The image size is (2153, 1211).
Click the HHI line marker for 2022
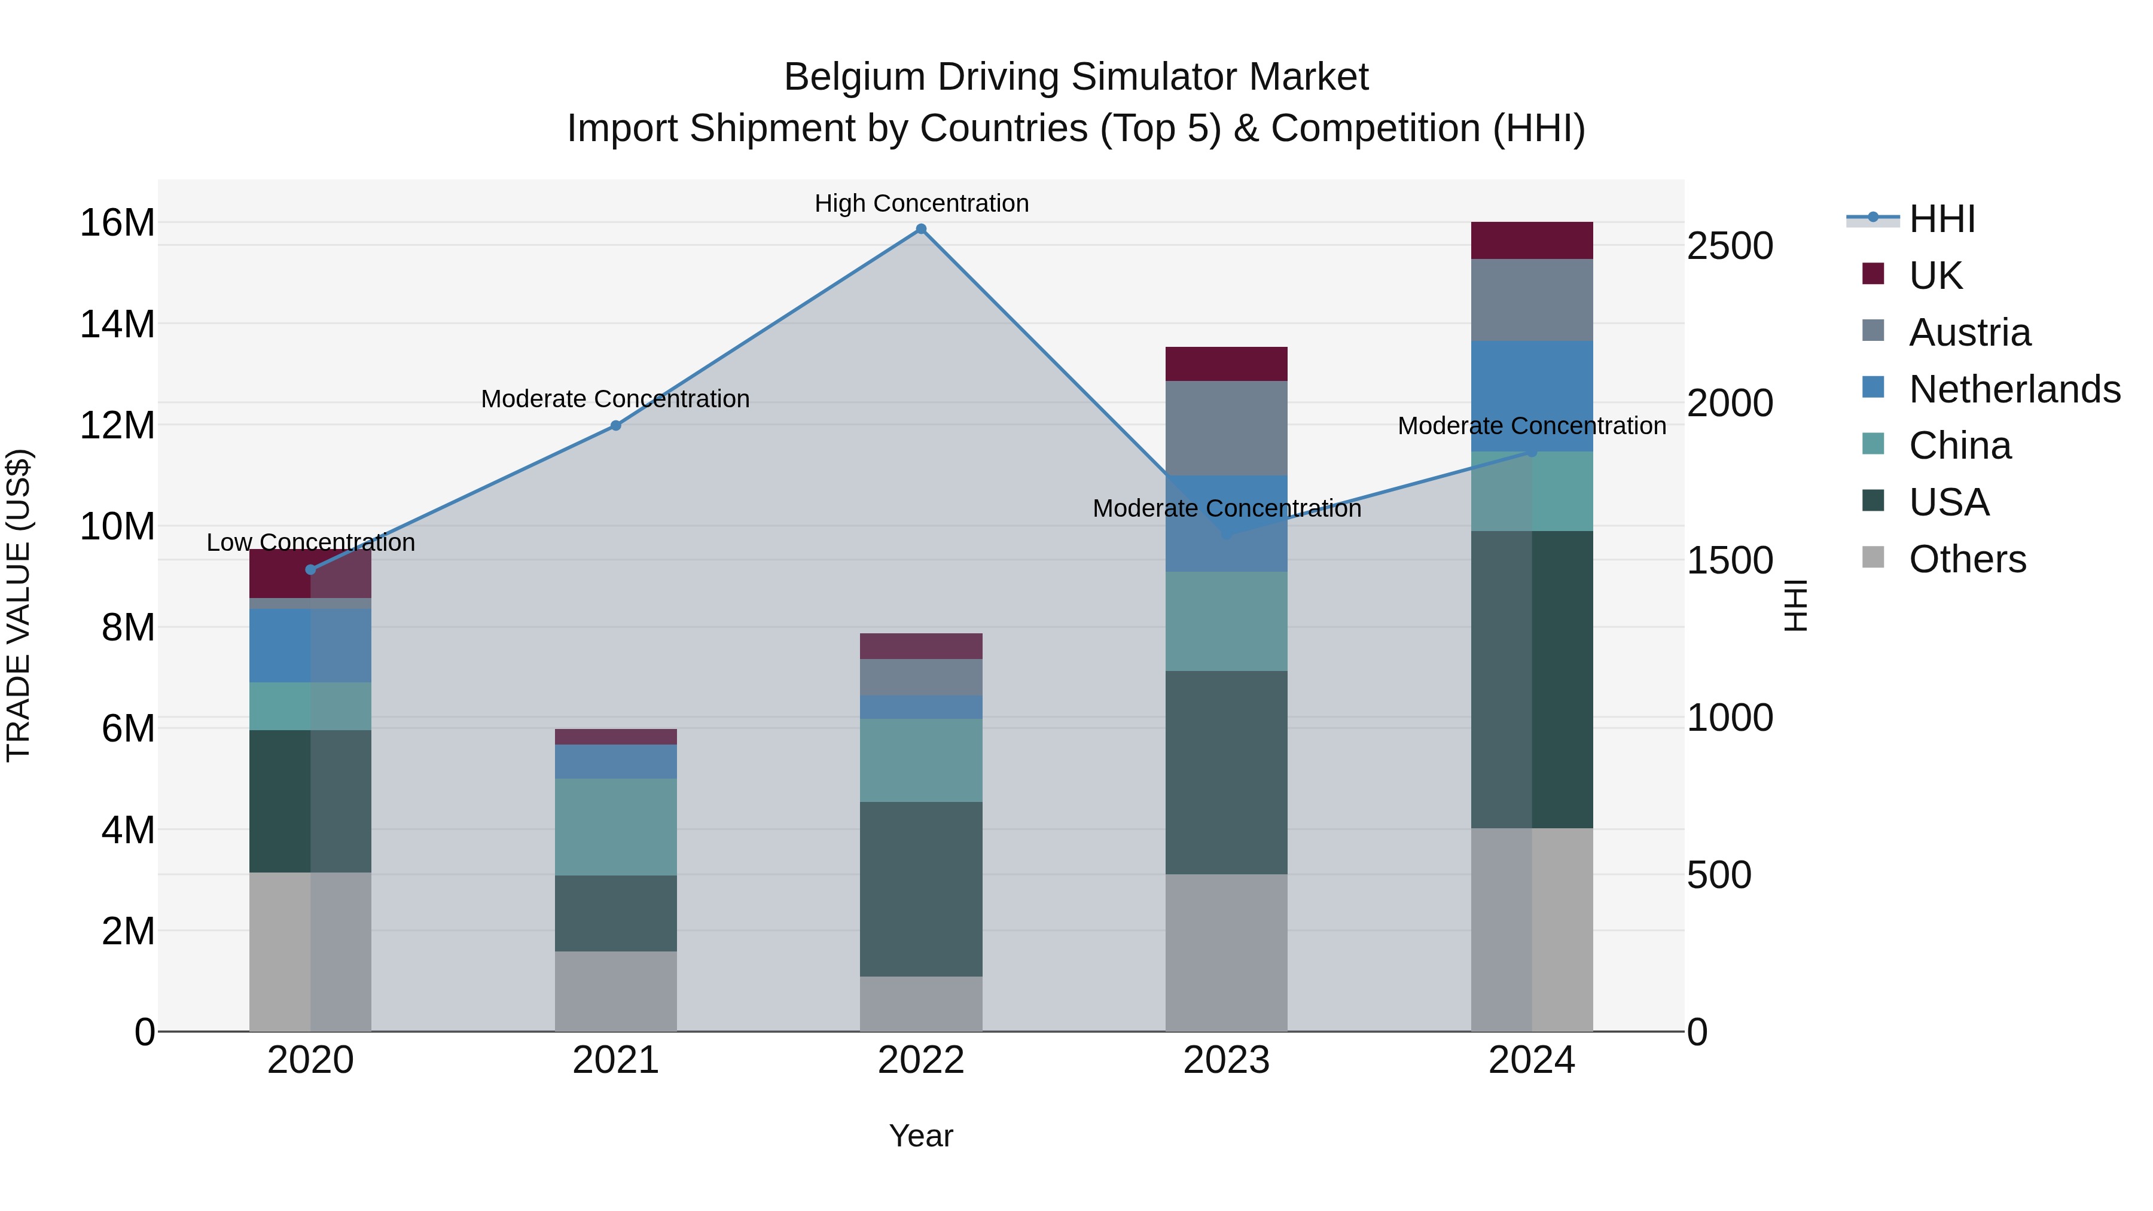click(x=921, y=229)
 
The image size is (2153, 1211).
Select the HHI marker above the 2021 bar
click(x=616, y=425)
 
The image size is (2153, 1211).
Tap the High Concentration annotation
click(x=921, y=203)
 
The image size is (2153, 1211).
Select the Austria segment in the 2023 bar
click(x=1226, y=428)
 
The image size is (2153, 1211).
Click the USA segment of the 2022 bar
click(x=921, y=889)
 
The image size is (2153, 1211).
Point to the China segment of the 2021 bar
click(x=616, y=828)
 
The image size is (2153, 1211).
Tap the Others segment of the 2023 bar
click(x=1226, y=953)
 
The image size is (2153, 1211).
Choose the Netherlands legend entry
click(x=2014, y=389)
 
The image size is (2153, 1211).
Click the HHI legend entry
click(x=1941, y=219)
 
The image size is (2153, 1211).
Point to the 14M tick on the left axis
click(x=117, y=324)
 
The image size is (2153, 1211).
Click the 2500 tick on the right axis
click(x=1729, y=246)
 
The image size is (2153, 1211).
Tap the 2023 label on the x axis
click(x=1226, y=1060)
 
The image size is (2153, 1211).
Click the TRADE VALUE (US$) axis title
click(x=19, y=605)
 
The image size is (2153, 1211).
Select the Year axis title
click(x=921, y=1136)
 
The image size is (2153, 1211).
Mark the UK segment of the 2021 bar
click(x=616, y=736)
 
